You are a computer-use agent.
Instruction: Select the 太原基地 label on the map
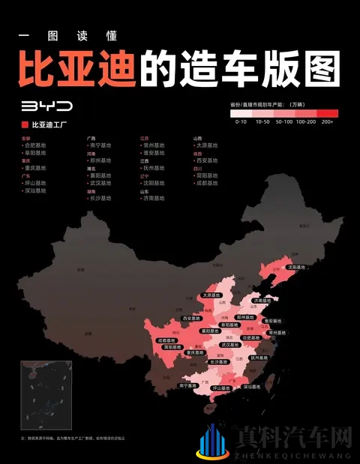[x=212, y=296]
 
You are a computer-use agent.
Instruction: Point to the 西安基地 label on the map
[x=193, y=319]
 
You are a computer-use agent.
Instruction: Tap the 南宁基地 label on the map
[x=189, y=385]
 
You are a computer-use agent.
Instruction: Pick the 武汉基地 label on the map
[x=230, y=346]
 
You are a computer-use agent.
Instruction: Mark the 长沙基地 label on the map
[x=218, y=362]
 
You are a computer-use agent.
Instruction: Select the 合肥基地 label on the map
[x=252, y=338]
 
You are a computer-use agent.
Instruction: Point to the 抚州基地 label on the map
[x=259, y=358]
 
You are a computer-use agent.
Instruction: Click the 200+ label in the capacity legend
[x=327, y=121]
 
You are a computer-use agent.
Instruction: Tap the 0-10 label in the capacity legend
[x=241, y=121]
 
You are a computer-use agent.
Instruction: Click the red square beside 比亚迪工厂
[x=25, y=124]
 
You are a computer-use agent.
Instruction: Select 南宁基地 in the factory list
[x=100, y=145]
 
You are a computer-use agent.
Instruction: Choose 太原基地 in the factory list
[x=206, y=145]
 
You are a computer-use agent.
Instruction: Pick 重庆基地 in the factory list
[x=34, y=168]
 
